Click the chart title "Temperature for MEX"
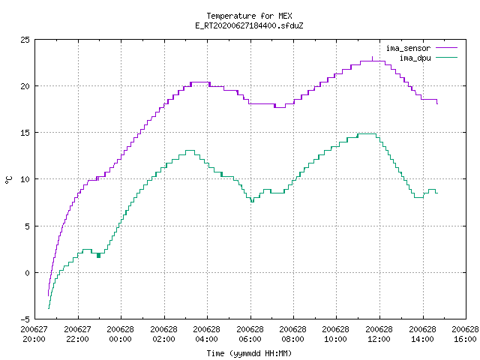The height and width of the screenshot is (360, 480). pos(249,16)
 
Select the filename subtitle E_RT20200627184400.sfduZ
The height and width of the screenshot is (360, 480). pos(249,25)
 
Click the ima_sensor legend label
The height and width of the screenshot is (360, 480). pos(408,48)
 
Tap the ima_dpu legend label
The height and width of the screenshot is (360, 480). pos(415,58)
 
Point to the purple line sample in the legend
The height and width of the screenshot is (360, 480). pos(447,48)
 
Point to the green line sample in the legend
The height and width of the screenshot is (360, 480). pos(447,57)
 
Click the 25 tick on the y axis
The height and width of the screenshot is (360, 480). pos(25,40)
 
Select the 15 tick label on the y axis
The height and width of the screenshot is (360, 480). pos(25,133)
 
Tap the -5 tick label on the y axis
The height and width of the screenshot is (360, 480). pos(25,319)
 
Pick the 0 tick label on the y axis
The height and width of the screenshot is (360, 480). pos(28,273)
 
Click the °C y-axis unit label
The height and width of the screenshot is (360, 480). pos(9,180)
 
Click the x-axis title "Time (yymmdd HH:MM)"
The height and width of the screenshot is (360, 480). pos(249,353)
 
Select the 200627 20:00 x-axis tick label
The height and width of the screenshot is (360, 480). pos(34,334)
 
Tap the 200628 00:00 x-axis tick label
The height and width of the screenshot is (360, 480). pos(120,334)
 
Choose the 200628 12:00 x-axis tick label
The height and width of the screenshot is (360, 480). pos(379,334)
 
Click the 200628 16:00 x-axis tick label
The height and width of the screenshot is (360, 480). pos(465,334)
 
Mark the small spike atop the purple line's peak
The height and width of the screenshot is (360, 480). pos(372,58)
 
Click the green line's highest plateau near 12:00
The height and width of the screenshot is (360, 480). pos(367,133)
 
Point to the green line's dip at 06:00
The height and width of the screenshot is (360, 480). pos(252,201)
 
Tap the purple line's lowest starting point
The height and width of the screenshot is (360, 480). pos(48,295)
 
